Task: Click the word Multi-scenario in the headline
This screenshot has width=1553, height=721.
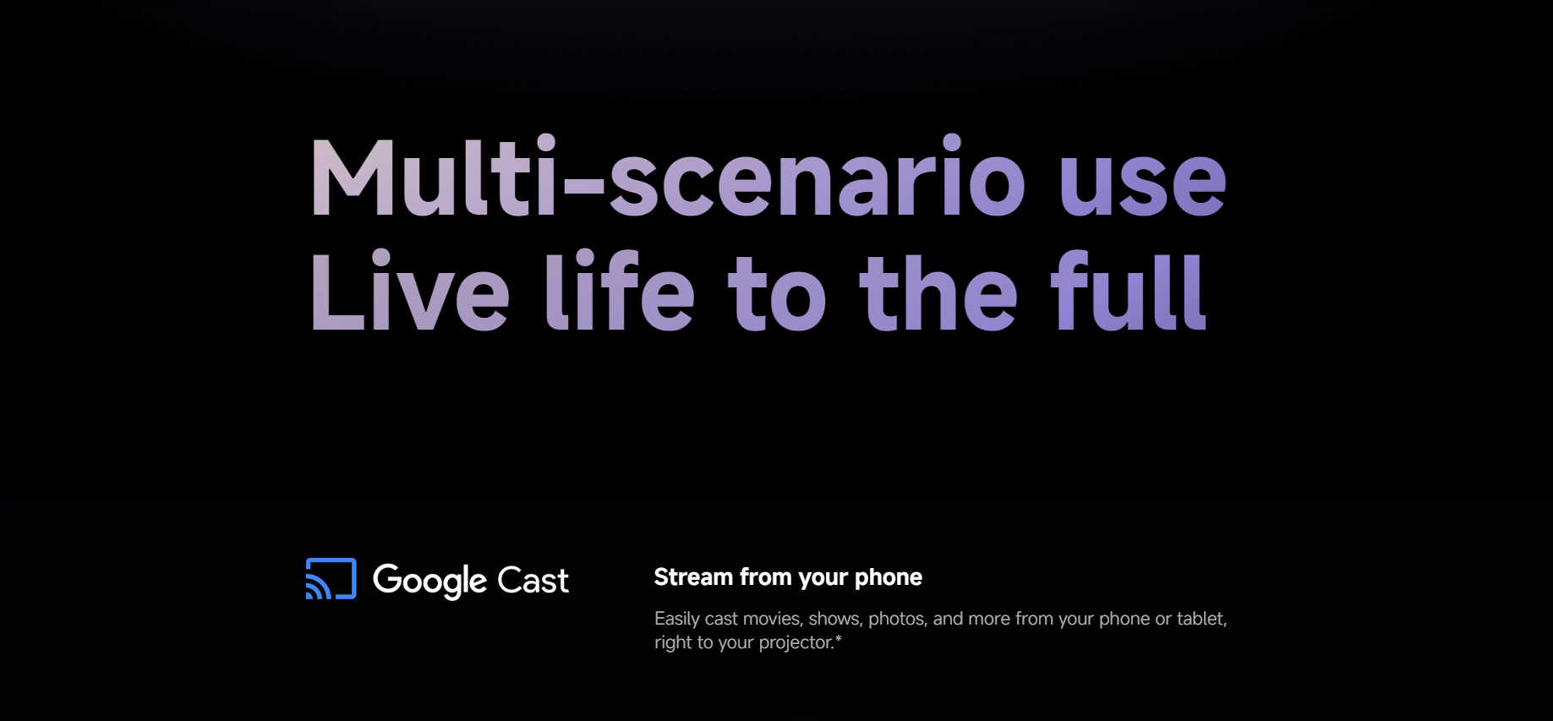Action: point(668,177)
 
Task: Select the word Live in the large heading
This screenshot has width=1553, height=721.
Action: point(410,292)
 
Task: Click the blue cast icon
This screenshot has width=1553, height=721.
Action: point(331,579)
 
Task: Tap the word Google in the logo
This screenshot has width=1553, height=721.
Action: point(430,582)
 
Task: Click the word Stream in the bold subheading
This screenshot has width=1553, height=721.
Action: point(693,577)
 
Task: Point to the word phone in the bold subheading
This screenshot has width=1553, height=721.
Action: point(889,577)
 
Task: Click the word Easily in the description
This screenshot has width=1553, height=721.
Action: point(677,619)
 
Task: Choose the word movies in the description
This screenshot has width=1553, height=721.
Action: point(772,619)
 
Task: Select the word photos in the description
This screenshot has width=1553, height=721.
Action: point(898,620)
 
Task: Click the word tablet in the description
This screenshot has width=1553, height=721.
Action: point(1201,619)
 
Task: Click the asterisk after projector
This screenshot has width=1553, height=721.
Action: point(839,638)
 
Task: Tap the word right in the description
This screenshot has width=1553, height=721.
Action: point(673,643)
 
